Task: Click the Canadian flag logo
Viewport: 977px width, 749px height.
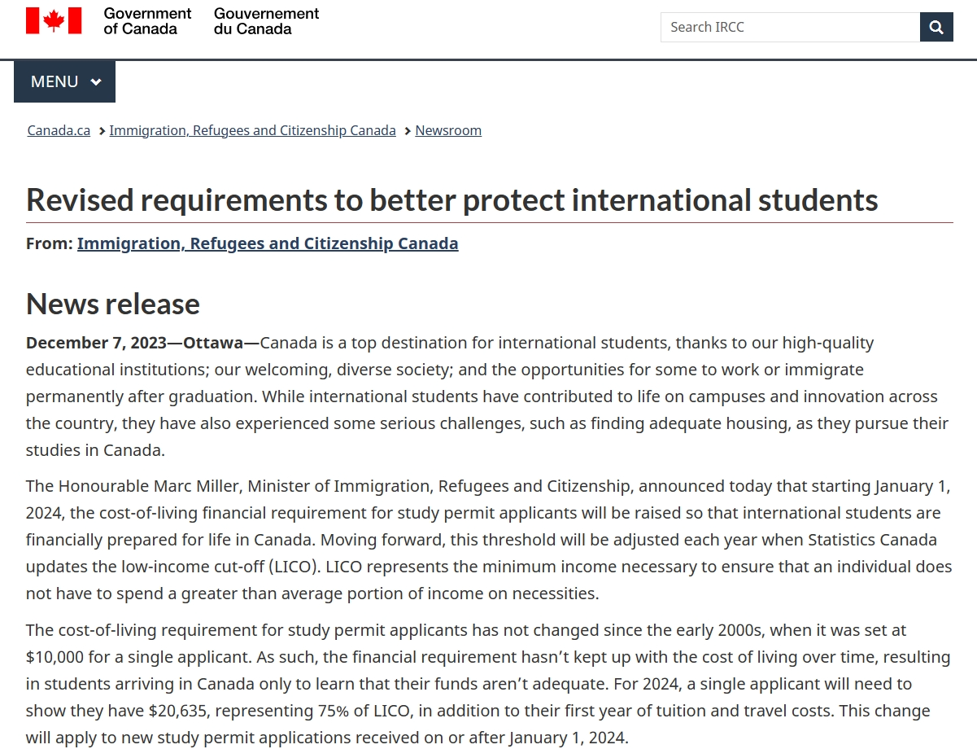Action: point(54,21)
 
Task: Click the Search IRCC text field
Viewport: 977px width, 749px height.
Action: point(789,27)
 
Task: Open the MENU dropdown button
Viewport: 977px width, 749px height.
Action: point(65,81)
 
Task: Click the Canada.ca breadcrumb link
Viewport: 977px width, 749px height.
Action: point(59,130)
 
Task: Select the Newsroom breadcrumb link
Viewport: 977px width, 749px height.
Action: point(448,130)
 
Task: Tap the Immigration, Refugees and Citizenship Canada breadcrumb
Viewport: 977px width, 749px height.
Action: point(252,130)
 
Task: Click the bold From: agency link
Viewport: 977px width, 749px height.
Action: point(268,243)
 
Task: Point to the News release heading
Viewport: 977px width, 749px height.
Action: point(113,304)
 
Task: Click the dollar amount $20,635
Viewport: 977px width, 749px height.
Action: point(178,711)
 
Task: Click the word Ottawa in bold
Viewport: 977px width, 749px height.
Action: point(213,343)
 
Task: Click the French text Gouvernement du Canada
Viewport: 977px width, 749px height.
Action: point(266,21)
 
